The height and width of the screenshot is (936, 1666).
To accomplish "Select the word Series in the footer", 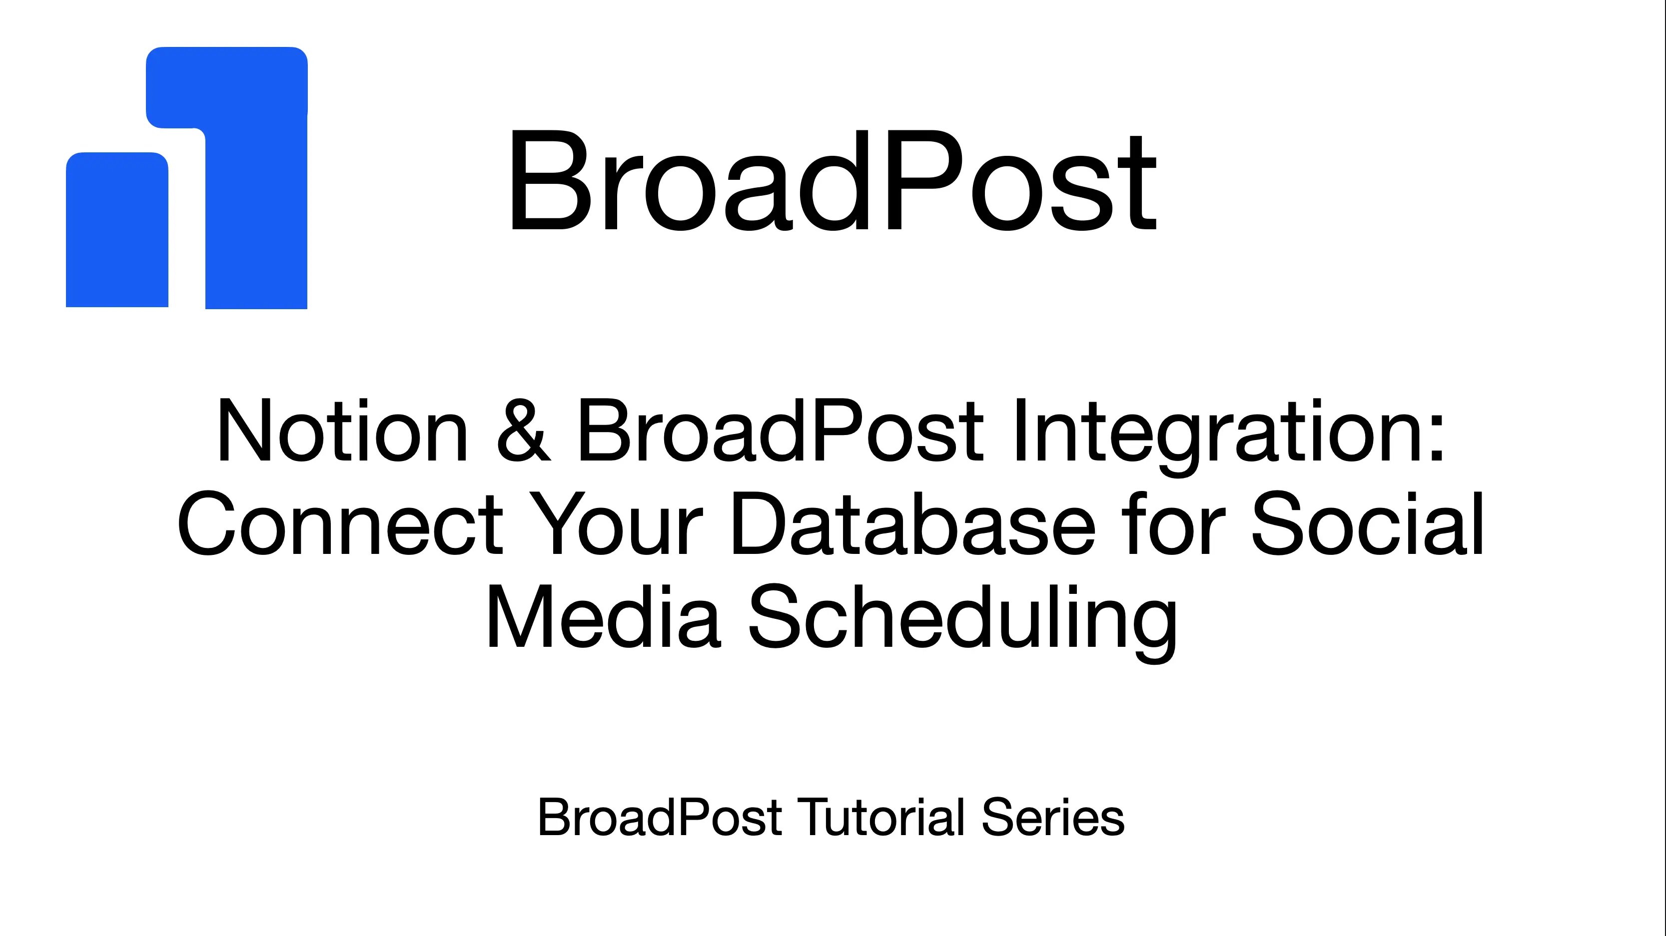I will [1053, 818].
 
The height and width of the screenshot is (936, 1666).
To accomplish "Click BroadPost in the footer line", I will [660, 818].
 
